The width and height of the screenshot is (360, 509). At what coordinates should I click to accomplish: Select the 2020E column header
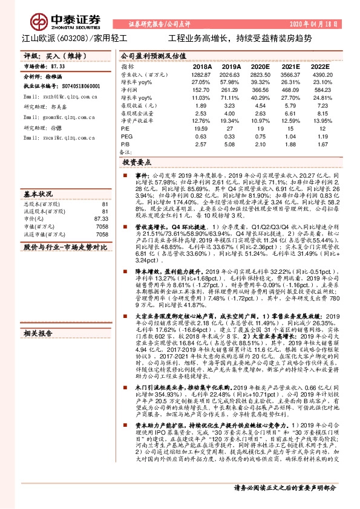tap(260, 66)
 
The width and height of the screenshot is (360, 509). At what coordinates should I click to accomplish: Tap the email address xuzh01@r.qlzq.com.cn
tap(61, 96)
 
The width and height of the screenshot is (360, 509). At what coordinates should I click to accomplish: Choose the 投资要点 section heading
tap(136, 163)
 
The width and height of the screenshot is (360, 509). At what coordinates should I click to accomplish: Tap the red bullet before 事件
tap(127, 174)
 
